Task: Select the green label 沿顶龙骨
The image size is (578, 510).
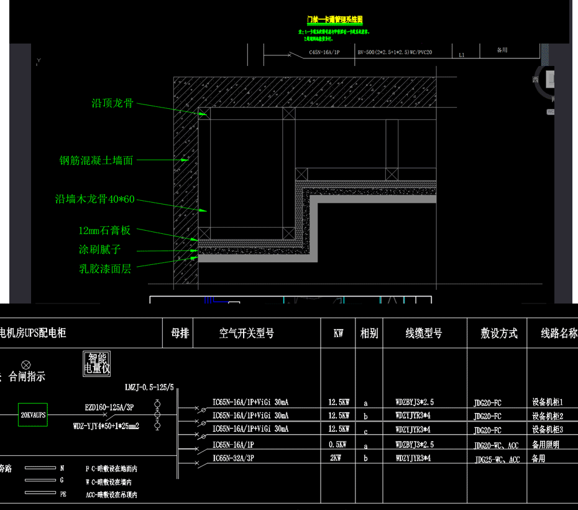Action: [x=112, y=104]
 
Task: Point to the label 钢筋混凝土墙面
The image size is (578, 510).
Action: [x=96, y=160]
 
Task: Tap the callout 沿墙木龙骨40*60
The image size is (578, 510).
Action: [x=94, y=200]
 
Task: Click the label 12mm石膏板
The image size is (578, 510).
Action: [x=104, y=230]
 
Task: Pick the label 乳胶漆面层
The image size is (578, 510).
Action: [x=105, y=269]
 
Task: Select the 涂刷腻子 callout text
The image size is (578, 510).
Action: [x=99, y=249]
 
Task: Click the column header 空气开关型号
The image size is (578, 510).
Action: [x=247, y=333]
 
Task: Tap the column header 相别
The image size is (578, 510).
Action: [x=369, y=333]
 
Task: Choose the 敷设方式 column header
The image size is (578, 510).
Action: [x=499, y=333]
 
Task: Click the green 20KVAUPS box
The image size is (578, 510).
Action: [x=33, y=414]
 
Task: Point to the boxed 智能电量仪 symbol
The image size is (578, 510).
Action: [x=97, y=363]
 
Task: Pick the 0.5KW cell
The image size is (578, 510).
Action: [x=338, y=445]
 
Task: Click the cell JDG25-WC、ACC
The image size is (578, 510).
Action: [x=497, y=460]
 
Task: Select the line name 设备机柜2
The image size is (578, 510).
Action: [x=548, y=416]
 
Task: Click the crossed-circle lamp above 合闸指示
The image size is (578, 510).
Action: [x=25, y=364]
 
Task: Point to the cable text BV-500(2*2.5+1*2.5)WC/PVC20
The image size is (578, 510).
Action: [x=395, y=53]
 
